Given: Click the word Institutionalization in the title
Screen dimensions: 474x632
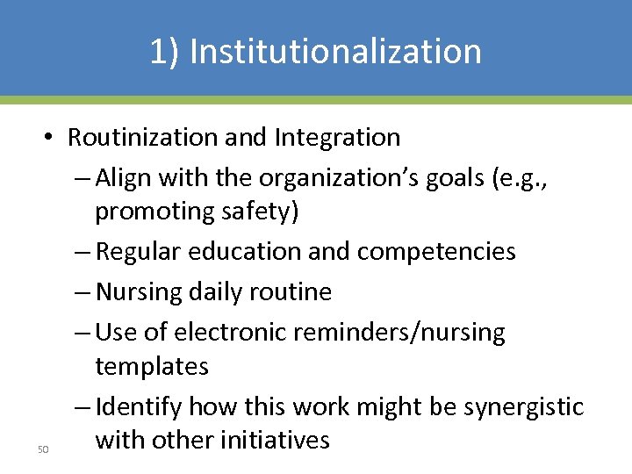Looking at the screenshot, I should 335,52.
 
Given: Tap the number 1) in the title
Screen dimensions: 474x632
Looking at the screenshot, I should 164,52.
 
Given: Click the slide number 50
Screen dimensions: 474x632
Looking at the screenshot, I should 42,450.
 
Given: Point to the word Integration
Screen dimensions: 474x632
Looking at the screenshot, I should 337,138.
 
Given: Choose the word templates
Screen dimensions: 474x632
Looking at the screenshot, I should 151,365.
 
